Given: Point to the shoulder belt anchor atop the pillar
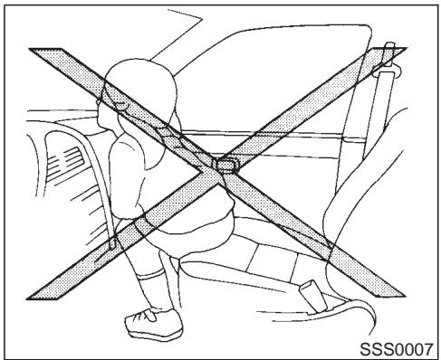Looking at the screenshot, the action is click(x=387, y=56).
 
